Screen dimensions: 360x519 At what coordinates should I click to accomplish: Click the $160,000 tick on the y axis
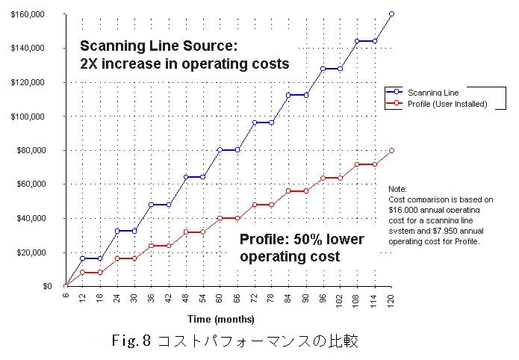(x=28, y=14)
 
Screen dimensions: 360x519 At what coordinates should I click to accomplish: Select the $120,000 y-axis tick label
(x=28, y=82)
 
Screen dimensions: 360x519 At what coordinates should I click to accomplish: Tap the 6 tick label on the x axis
(x=66, y=297)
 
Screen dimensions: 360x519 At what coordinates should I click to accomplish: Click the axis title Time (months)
(x=223, y=319)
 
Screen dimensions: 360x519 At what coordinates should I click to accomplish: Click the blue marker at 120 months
(x=391, y=14)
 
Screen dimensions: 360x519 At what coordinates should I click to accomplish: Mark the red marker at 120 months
(x=391, y=150)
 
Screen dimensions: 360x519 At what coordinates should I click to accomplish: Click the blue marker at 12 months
(x=82, y=258)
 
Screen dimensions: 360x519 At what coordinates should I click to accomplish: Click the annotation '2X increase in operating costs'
(x=184, y=64)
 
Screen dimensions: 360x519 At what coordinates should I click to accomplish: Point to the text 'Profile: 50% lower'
(x=302, y=240)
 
